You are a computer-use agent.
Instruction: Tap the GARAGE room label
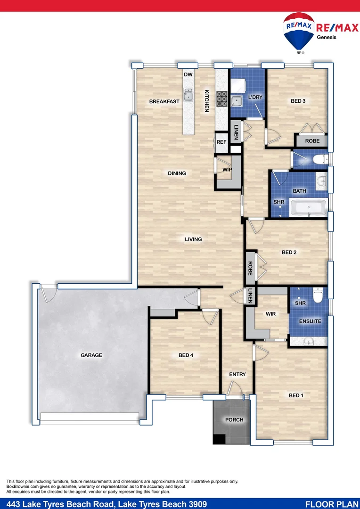91,355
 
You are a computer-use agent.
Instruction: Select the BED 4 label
186,355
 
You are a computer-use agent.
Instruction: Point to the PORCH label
234,420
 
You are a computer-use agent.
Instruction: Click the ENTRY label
237,375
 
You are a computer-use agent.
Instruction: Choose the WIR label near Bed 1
270,314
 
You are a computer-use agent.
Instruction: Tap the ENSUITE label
310,321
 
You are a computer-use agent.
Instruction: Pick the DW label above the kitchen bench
188,75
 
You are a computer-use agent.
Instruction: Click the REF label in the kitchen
221,141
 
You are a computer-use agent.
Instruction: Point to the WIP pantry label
228,169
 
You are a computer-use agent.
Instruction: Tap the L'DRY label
255,98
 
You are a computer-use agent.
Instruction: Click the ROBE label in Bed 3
312,141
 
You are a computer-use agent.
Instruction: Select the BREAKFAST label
164,102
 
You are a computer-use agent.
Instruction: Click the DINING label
177,173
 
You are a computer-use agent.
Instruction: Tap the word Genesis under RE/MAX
326,38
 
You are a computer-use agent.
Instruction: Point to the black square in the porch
218,439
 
